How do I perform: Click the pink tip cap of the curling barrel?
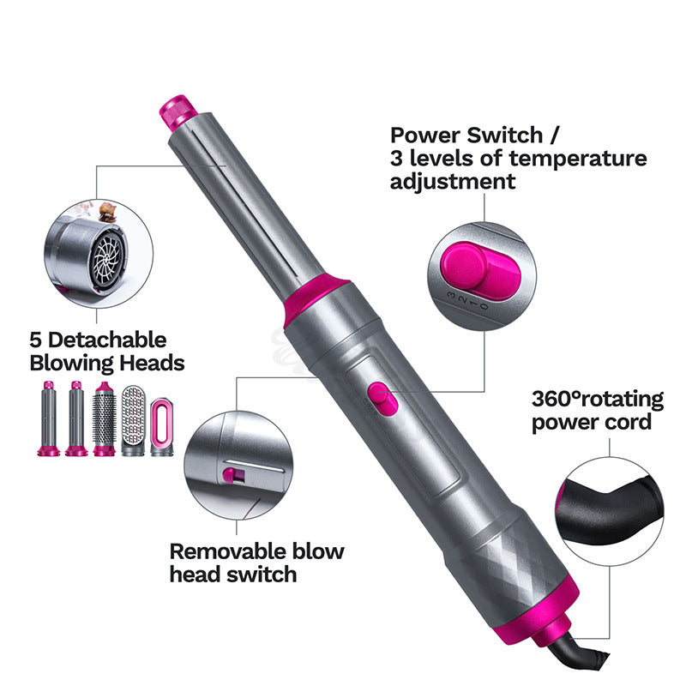178,112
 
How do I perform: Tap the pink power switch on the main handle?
382,399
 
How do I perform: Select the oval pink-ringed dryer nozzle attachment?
162,427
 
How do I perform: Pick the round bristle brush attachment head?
104,419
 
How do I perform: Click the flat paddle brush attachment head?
133,421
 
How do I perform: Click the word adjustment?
453,182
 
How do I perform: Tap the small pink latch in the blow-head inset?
229,476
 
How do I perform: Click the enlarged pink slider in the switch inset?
480,271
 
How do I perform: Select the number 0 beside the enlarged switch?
484,307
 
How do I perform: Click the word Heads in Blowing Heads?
153,363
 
